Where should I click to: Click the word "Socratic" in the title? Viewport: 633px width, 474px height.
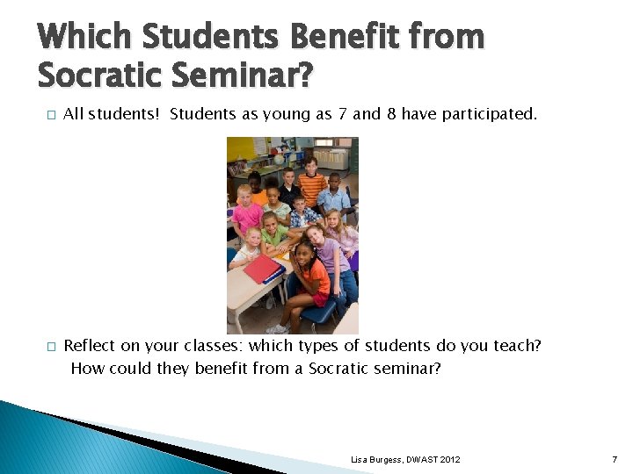[98, 76]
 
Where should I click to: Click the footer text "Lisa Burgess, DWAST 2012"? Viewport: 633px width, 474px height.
[405, 460]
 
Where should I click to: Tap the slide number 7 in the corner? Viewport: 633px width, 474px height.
[615, 460]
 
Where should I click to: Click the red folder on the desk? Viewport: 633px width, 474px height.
[262, 268]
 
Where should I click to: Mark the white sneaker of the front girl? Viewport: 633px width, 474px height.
[275, 328]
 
